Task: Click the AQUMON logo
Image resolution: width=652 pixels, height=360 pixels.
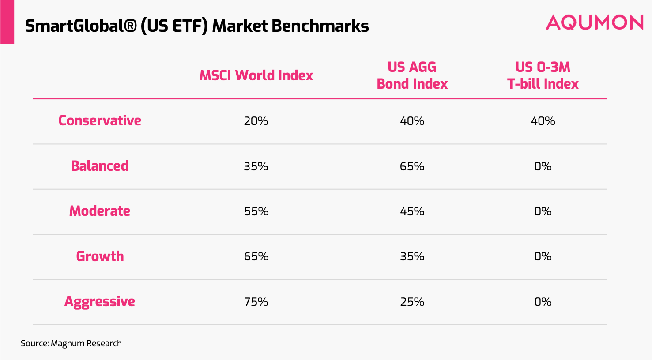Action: click(x=594, y=22)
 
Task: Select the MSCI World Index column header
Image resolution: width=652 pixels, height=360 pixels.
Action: click(x=256, y=75)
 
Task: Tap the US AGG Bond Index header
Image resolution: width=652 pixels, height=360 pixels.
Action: click(x=412, y=75)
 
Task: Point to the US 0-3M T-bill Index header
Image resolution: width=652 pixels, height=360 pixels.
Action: click(x=543, y=75)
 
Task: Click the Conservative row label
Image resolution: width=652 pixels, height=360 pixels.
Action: click(x=100, y=120)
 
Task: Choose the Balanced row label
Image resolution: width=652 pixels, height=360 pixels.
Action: click(x=100, y=166)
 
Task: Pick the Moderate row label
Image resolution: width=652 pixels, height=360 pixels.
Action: click(x=100, y=211)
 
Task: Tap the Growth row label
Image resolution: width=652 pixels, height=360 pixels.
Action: click(x=100, y=256)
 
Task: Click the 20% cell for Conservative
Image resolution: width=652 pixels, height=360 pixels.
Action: click(x=256, y=121)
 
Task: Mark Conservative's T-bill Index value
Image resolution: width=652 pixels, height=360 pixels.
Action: click(x=543, y=121)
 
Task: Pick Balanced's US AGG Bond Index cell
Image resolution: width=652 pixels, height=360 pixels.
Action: click(x=412, y=166)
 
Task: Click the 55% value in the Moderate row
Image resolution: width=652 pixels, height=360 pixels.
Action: click(x=256, y=211)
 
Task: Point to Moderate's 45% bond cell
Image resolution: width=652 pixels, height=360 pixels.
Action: click(x=412, y=211)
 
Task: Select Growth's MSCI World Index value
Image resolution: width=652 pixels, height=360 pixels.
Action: click(x=256, y=256)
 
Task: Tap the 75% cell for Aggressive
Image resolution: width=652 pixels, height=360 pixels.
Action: click(x=256, y=302)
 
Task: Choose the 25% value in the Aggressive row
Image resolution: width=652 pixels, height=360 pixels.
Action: click(x=412, y=302)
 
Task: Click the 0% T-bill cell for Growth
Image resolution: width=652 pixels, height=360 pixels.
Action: click(x=543, y=256)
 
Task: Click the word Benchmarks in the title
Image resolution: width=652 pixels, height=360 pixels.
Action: click(x=320, y=26)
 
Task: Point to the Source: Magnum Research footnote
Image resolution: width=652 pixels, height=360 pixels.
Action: click(x=71, y=343)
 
